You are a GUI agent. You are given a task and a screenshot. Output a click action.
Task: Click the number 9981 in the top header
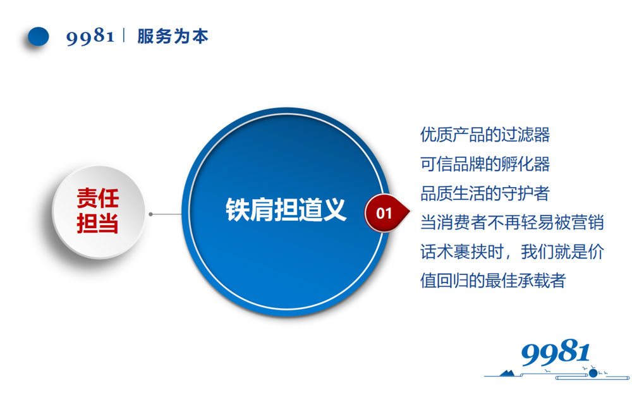(x=90, y=37)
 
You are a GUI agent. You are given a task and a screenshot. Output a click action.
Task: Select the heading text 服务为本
(x=173, y=36)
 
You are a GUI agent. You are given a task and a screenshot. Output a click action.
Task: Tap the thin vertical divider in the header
(x=124, y=36)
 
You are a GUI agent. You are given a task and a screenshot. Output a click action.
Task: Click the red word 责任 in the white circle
(x=98, y=199)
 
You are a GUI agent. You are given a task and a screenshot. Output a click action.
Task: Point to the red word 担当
(x=98, y=223)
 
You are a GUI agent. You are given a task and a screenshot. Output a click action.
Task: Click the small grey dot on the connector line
(x=150, y=214)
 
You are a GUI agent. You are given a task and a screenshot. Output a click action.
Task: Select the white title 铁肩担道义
(x=286, y=210)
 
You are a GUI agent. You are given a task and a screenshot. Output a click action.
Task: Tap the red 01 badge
(x=384, y=213)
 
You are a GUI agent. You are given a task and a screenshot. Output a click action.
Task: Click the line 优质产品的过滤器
(x=485, y=135)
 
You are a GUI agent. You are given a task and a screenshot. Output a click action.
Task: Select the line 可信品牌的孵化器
(x=485, y=164)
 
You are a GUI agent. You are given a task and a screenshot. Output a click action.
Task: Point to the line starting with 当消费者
(x=512, y=222)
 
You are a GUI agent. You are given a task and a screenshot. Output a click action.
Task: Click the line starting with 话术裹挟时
(x=512, y=252)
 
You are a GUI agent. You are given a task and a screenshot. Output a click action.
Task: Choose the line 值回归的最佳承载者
(x=493, y=281)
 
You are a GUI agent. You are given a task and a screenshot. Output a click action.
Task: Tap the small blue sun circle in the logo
(x=593, y=373)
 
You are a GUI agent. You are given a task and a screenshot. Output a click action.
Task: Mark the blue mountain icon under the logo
(x=508, y=372)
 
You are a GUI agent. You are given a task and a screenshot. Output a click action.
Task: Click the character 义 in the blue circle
(x=335, y=210)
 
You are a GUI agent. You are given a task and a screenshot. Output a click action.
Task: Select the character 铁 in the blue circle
(x=238, y=210)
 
